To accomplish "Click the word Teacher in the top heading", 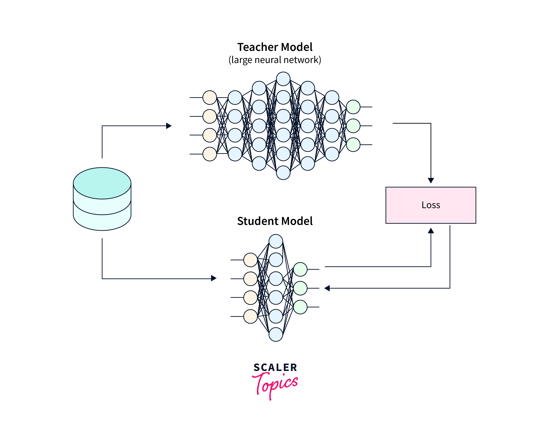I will tap(257, 47).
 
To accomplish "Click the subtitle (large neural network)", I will tap(275, 60).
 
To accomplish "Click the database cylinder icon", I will tap(102, 199).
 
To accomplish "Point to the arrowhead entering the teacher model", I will tap(169, 126).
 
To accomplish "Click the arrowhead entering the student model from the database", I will tap(214, 278).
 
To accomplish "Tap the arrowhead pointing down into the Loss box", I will tap(431, 180).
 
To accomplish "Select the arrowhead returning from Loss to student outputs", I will tap(327, 288).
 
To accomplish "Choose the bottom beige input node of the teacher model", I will tap(210, 154).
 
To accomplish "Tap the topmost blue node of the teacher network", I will tap(283, 79).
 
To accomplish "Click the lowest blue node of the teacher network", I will tap(283, 173).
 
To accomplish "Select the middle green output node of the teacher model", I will tap(353, 126).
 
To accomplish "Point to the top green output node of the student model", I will tap(300, 269).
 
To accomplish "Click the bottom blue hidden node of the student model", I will tap(276, 334).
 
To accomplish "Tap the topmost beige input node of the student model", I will tap(250, 260).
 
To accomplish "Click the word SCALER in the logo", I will tap(275, 367).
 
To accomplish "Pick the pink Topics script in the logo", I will tap(275, 384).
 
